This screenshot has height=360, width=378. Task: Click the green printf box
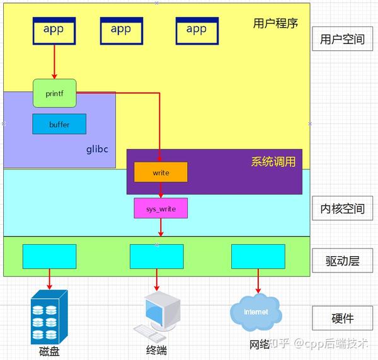[x=54, y=93]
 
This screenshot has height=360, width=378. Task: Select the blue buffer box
[x=59, y=124]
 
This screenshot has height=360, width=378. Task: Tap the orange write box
[x=160, y=172]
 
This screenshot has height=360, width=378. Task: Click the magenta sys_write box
[x=160, y=208]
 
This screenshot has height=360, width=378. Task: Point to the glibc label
[x=98, y=150]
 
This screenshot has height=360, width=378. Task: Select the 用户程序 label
[x=275, y=24]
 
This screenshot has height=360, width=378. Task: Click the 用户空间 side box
[x=342, y=39]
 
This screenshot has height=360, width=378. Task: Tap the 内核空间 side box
[x=342, y=208]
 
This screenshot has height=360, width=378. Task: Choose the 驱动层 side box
[x=342, y=261]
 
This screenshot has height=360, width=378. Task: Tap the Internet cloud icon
[x=256, y=311]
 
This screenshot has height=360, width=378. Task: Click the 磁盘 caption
[x=49, y=351]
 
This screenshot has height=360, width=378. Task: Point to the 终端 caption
[x=155, y=351]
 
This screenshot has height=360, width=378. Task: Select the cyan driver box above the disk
[x=49, y=256]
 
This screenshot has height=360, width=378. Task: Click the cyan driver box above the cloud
[x=258, y=256]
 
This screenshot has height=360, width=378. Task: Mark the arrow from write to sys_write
[x=161, y=190]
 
